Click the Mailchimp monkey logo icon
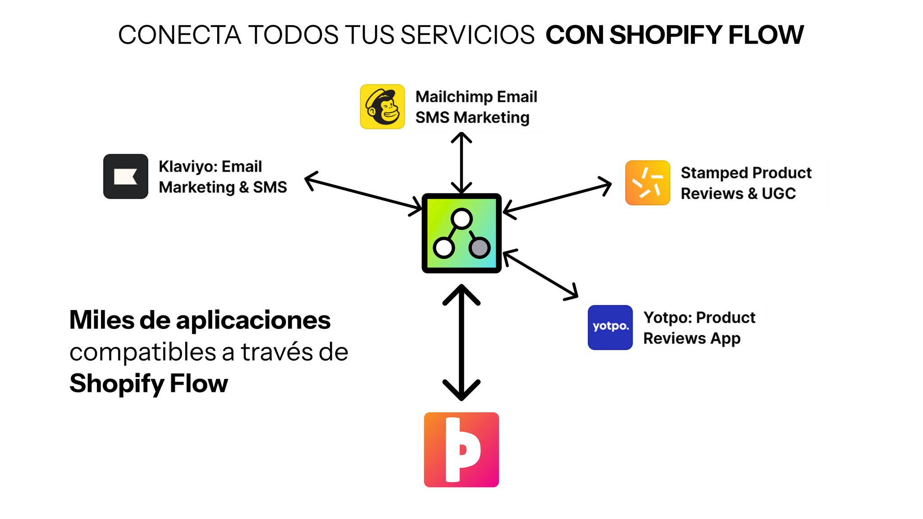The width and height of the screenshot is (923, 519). (382, 107)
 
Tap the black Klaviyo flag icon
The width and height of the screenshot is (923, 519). (125, 176)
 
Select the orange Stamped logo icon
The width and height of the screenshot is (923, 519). (648, 182)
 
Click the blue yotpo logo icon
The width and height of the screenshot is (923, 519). (610, 327)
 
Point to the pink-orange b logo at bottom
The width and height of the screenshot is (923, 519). (461, 450)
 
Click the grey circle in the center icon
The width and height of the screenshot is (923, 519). (480, 247)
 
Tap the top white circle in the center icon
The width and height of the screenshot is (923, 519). (461, 219)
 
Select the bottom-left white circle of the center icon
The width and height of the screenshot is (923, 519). (444, 248)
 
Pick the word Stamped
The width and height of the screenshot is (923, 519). (714, 173)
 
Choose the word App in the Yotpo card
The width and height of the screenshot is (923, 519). (725, 339)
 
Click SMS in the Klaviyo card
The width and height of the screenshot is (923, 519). (270, 187)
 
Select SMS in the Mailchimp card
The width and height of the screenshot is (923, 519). (432, 118)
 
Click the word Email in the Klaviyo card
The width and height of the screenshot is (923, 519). (242, 167)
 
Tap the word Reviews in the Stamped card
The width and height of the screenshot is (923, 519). (712, 194)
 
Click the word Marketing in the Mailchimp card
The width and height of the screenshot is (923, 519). (491, 118)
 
